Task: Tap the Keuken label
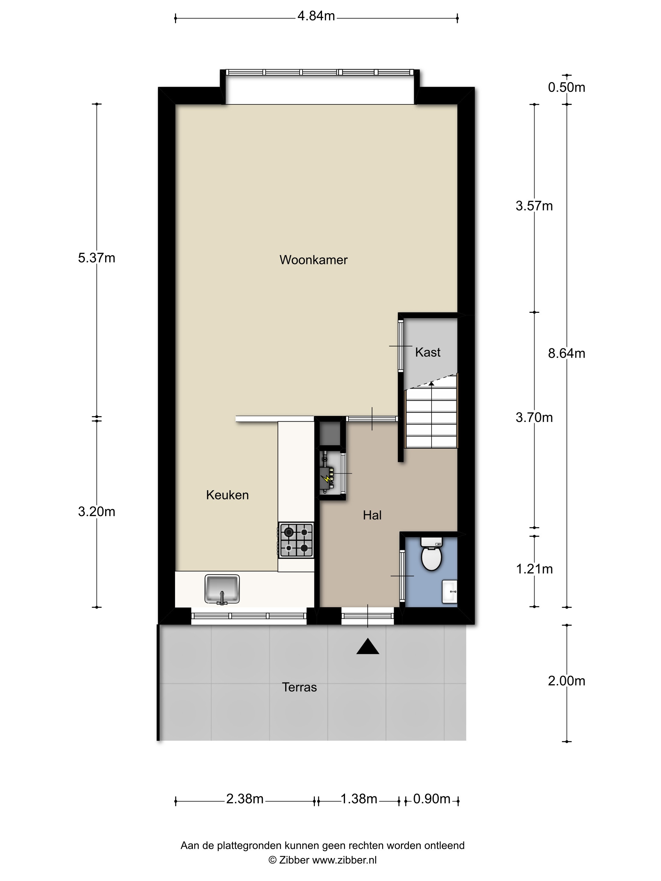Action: [x=227, y=495]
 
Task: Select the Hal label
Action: [x=372, y=515]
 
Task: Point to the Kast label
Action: [x=427, y=352]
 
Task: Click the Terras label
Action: [x=299, y=687]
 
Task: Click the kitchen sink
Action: [x=222, y=589]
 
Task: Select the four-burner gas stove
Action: [x=296, y=540]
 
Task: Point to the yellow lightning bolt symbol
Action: [x=327, y=481]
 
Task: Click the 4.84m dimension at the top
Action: [x=316, y=16]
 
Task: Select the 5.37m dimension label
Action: [x=96, y=258]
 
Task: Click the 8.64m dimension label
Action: [x=567, y=353]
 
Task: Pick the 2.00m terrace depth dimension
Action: [x=567, y=681]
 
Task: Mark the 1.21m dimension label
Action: [x=534, y=569]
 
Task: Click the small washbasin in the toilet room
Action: [x=449, y=592]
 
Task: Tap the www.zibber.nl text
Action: [x=344, y=860]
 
